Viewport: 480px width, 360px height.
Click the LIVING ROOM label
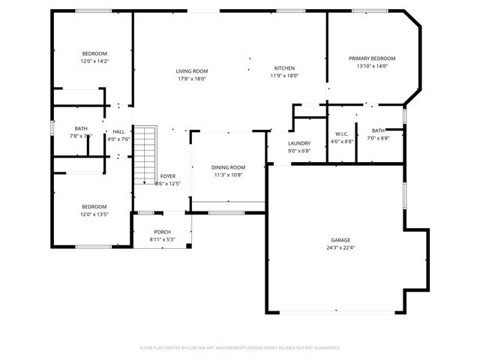click(x=192, y=70)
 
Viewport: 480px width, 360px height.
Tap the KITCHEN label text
click(x=284, y=67)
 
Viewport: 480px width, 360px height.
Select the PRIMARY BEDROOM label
click(x=371, y=58)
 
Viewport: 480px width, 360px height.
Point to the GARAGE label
click(x=340, y=240)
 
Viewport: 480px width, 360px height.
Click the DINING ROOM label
click(x=227, y=167)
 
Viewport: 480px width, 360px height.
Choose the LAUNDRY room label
click(x=299, y=143)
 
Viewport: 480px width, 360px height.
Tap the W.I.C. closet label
click(x=342, y=134)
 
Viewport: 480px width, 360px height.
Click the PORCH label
click(x=162, y=232)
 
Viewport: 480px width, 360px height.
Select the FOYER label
click(x=167, y=175)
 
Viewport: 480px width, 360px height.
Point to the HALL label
click(x=118, y=131)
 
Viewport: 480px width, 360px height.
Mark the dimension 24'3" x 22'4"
click(x=340, y=247)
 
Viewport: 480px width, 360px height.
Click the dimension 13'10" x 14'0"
click(x=371, y=66)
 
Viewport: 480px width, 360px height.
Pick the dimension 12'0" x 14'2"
click(x=94, y=61)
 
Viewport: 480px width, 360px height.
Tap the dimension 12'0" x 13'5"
click(x=94, y=214)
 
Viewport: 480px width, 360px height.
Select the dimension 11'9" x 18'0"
click(x=284, y=75)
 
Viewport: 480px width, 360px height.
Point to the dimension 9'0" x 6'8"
click(x=299, y=151)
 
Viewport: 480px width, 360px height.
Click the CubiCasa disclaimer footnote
click(x=240, y=348)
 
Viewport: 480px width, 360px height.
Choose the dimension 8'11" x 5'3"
click(x=162, y=240)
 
